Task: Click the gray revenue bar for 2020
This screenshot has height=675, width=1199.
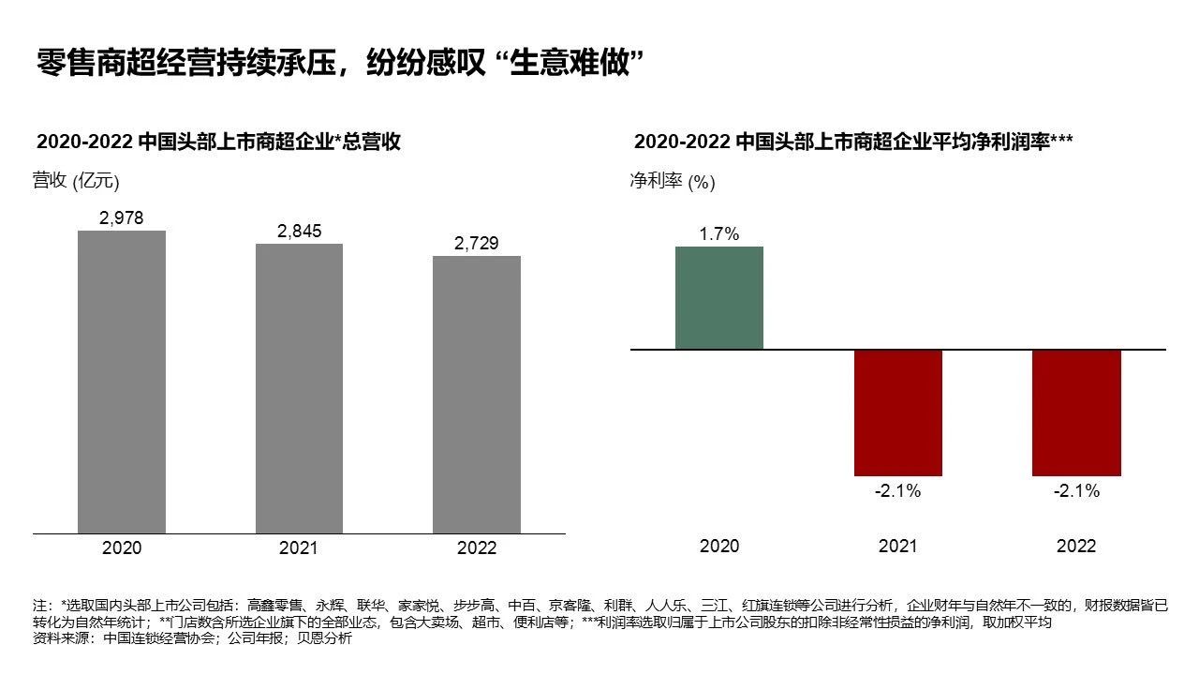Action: click(x=122, y=382)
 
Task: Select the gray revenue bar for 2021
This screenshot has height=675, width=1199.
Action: click(x=299, y=388)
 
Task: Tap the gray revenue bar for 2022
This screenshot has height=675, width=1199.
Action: click(x=476, y=395)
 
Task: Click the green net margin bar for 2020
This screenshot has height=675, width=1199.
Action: click(x=719, y=297)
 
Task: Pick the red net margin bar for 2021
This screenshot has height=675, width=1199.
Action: click(x=897, y=412)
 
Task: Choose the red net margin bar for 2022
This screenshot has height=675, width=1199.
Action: click(x=1076, y=412)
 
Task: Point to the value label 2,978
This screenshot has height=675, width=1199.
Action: click(x=122, y=218)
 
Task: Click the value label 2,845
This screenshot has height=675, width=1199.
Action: click(x=299, y=232)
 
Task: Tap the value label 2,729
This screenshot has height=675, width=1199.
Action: click(x=476, y=244)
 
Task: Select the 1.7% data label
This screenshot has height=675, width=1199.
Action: click(x=719, y=234)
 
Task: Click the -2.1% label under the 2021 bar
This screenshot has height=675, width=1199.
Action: click(x=897, y=490)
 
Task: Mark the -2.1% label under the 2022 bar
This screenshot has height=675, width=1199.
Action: click(x=1076, y=490)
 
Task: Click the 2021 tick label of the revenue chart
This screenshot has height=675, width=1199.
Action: click(x=299, y=547)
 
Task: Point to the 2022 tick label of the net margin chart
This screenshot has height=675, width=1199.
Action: click(x=1076, y=546)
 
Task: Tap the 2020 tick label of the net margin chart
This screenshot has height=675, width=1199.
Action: click(x=719, y=546)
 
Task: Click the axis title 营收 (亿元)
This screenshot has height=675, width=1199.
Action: click(x=76, y=181)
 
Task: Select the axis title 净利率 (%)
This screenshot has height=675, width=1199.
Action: click(x=673, y=181)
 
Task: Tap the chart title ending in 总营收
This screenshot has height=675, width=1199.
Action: click(x=218, y=142)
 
